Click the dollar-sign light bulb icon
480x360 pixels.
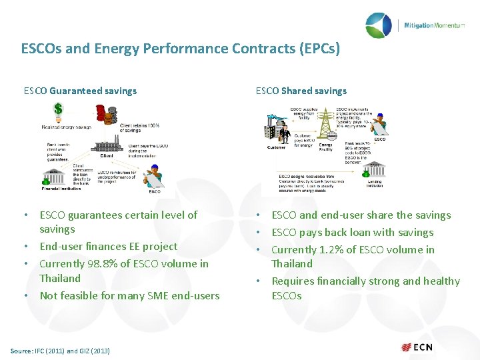58,111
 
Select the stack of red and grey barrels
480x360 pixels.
106,115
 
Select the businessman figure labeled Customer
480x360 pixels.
285,133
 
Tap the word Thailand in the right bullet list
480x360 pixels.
292,264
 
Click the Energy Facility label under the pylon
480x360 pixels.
326,147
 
